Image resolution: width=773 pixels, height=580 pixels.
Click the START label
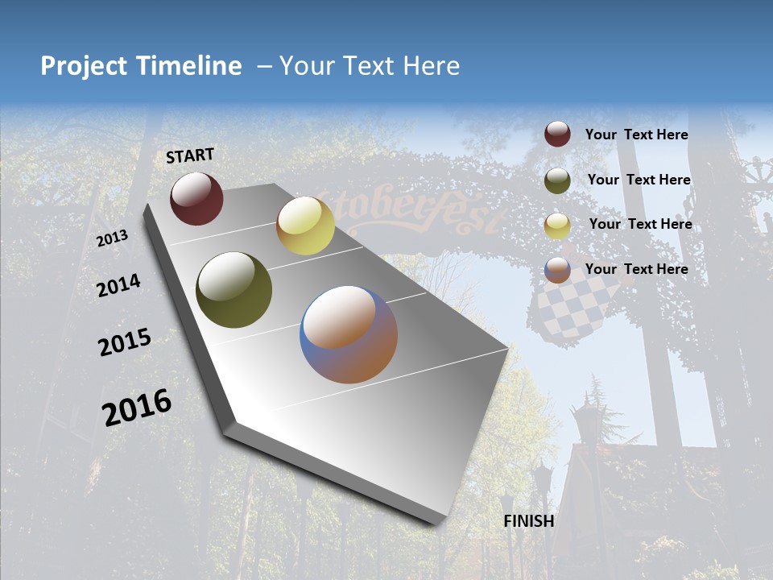coord(190,155)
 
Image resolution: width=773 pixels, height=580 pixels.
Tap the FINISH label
coord(528,521)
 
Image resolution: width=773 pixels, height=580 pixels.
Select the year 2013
coord(112,238)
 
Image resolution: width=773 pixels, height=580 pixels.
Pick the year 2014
coord(118,285)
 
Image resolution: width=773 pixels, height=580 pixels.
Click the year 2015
coord(125,342)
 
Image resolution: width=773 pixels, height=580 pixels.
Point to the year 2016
coord(137,408)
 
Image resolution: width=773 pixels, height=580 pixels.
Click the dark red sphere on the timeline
coord(196,198)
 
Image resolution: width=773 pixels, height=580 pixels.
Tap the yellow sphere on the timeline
coord(305,226)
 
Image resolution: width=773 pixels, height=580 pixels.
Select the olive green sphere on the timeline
coord(234,290)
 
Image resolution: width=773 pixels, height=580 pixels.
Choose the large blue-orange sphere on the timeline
coord(349,334)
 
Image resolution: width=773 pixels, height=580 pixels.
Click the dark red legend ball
coord(557,135)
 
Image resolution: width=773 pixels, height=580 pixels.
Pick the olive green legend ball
coord(557,180)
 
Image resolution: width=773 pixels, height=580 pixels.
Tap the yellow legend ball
coord(557,226)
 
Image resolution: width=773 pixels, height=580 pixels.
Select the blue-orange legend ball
coord(557,270)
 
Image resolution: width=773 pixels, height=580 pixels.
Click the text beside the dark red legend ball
coord(636,135)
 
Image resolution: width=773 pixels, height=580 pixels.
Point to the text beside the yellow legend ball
coord(640,224)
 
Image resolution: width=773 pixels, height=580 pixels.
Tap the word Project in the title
coord(84,66)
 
